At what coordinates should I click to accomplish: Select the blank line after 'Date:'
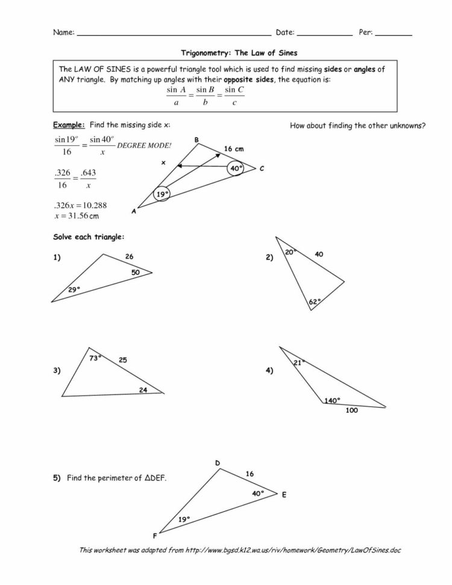pyautogui.click(x=324, y=34)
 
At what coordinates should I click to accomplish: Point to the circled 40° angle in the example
pyautogui.click(x=236, y=168)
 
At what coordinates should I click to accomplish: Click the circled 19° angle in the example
pyautogui.click(x=162, y=195)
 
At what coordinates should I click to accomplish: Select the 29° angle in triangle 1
pyautogui.click(x=74, y=289)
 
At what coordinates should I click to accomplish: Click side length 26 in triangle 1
pyautogui.click(x=129, y=257)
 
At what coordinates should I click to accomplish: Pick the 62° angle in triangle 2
pyautogui.click(x=314, y=301)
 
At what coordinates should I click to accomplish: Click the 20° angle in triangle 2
pyautogui.click(x=289, y=252)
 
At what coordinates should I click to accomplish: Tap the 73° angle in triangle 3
pyautogui.click(x=95, y=358)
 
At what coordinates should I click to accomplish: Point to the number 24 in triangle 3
pyautogui.click(x=143, y=390)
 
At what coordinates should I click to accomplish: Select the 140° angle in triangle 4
pyautogui.click(x=332, y=400)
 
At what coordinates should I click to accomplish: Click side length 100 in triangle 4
pyautogui.click(x=352, y=411)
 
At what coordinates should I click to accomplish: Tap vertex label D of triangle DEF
pyautogui.click(x=217, y=463)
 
